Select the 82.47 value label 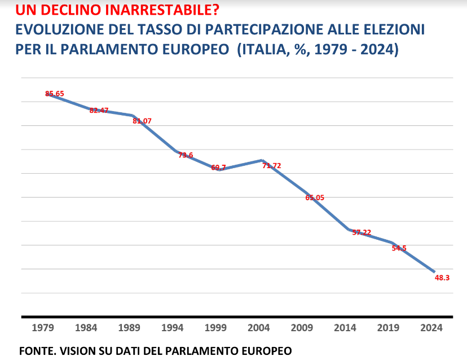click(x=99, y=110)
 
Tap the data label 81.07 click(x=142, y=121)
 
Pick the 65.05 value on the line click(x=315, y=197)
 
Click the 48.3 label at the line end click(x=442, y=277)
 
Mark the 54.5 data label click(x=399, y=248)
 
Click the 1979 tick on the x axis click(x=43, y=328)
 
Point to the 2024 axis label click(x=431, y=328)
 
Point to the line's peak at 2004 click(x=262, y=160)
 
